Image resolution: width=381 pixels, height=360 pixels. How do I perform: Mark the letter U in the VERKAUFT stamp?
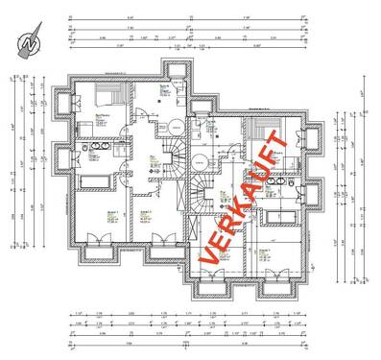coord(264,162)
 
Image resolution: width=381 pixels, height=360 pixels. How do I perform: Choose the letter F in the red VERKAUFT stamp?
coord(274,146)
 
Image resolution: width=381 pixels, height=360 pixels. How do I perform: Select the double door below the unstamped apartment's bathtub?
coord(96,240)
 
